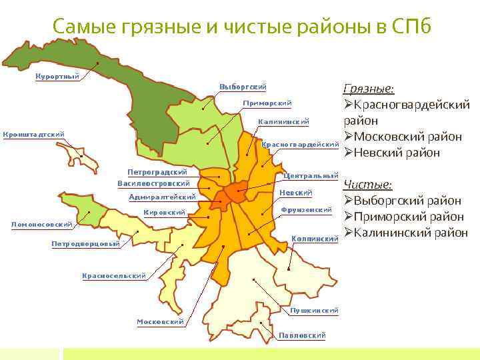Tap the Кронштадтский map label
click(34, 134)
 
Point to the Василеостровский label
click(153, 183)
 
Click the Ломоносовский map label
click(42, 225)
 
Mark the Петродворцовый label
click(86, 243)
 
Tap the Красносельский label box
click(114, 275)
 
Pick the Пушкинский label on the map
click(314, 310)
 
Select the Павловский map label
click(302, 335)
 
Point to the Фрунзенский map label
click(307, 210)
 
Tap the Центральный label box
click(311, 176)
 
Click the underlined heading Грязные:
click(368, 89)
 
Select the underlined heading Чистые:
click(367, 185)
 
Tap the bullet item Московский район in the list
click(407, 137)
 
